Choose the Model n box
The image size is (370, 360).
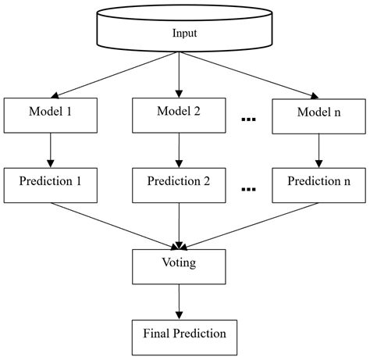point(318,114)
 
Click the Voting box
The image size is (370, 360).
point(180,266)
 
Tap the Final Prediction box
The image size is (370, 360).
point(184,334)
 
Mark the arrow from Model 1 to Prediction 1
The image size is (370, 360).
point(50,148)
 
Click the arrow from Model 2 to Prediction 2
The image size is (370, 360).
point(180,148)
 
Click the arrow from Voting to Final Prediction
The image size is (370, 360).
point(180,300)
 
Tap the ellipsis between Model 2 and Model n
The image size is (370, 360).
point(249,119)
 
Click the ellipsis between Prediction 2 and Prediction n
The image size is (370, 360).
point(249,189)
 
